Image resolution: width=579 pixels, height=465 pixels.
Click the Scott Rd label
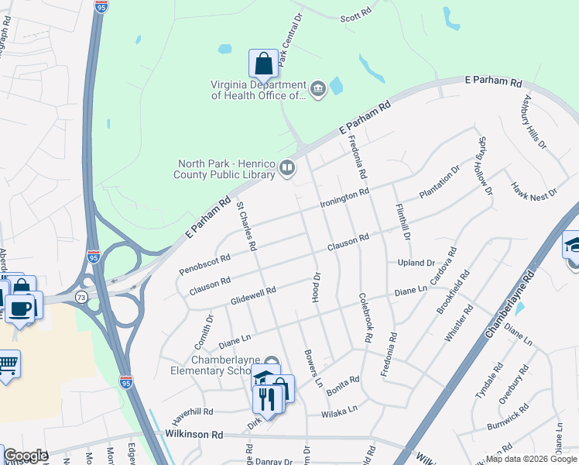tap(357, 15)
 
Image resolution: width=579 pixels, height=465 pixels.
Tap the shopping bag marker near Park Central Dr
tap(263, 64)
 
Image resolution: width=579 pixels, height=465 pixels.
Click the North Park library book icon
tap(287, 168)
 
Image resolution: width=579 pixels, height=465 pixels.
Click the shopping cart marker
tap(7, 364)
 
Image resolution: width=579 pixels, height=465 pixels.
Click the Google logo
tap(25, 456)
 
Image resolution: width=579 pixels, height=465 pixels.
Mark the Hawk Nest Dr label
tap(533, 189)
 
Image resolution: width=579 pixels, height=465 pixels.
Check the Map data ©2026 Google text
tap(530, 459)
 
